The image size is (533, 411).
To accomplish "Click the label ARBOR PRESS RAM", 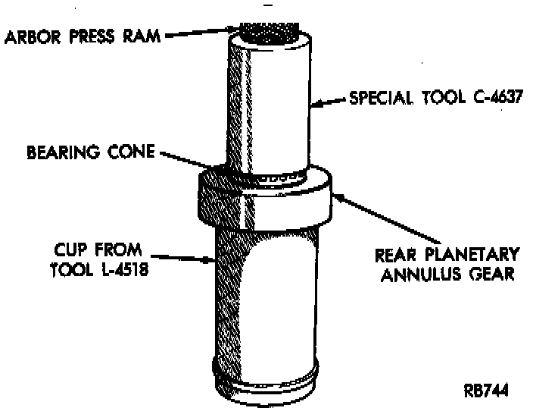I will pyautogui.click(x=82, y=36).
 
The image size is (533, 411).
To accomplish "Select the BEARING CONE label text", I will pyautogui.click(x=91, y=152).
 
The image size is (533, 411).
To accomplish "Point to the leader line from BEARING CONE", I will pyautogui.click(x=192, y=162).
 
